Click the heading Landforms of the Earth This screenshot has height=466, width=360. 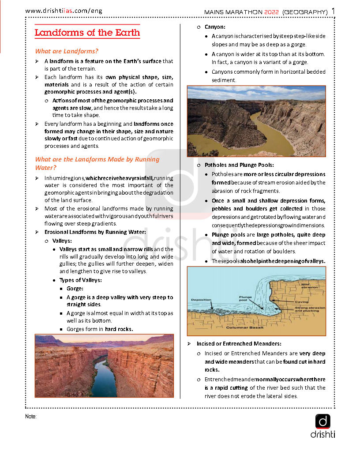coord(87,33)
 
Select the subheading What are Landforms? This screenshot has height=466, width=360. coord(67,51)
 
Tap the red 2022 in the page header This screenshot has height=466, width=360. coord(272,11)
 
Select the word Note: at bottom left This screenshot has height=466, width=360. coord(31,417)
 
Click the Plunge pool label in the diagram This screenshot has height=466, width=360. coord(245,299)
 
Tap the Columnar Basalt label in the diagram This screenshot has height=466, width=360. coord(244,327)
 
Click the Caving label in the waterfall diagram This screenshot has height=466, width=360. coord(302,302)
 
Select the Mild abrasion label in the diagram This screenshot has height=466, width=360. coord(309,286)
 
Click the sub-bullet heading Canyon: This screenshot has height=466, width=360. coord(215,27)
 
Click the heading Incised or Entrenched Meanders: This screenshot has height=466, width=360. coord(239,343)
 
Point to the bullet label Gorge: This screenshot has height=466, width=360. coord(75,289)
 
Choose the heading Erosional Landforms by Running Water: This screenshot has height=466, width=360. coord(95,232)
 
